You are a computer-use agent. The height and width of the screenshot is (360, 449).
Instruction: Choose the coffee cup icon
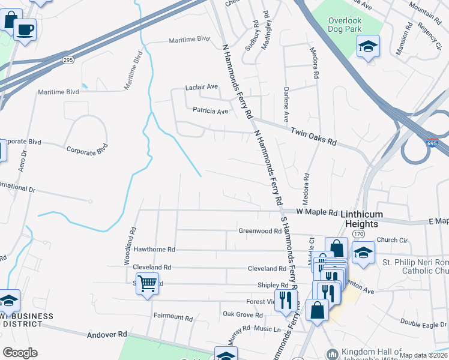coord(25,29)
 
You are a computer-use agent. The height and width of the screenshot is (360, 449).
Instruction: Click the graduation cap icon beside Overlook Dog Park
coord(368,46)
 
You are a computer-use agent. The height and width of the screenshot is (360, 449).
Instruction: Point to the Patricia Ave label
coord(210,111)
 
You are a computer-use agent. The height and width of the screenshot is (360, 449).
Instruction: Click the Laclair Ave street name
coord(201,87)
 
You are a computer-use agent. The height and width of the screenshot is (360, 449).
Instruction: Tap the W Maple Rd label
coord(318,212)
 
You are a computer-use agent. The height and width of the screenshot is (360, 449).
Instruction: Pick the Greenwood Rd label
coord(259,230)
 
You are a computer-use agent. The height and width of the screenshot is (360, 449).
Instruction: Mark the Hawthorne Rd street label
coord(154,249)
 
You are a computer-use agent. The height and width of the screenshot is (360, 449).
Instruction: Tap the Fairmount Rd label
coord(173,316)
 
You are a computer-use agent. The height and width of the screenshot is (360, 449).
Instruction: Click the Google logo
coord(20,353)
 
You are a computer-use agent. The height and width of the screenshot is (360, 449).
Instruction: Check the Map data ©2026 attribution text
coord(424,355)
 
